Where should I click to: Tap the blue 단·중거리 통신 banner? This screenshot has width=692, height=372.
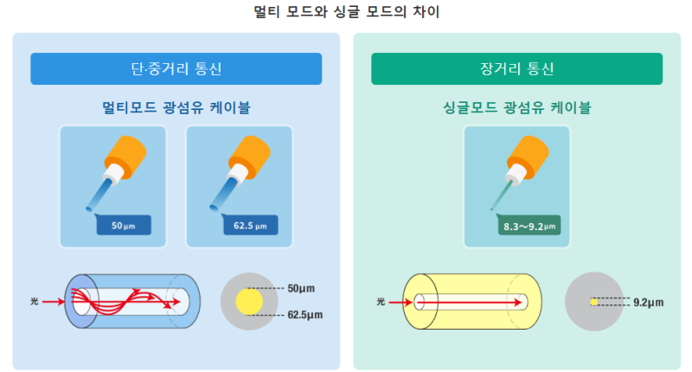176,68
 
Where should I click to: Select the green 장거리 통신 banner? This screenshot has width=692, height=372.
516,68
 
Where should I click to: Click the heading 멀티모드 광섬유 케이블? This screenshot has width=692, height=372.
176,108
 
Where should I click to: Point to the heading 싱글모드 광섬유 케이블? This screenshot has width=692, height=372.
516,108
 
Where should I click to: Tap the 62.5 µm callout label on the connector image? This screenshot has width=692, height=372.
250,226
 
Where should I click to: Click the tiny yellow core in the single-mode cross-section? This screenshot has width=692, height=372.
593,302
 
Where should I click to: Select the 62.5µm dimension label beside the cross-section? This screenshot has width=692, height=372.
305,316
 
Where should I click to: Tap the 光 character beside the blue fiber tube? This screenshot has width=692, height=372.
35,302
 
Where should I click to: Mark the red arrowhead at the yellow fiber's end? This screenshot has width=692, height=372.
523,302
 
